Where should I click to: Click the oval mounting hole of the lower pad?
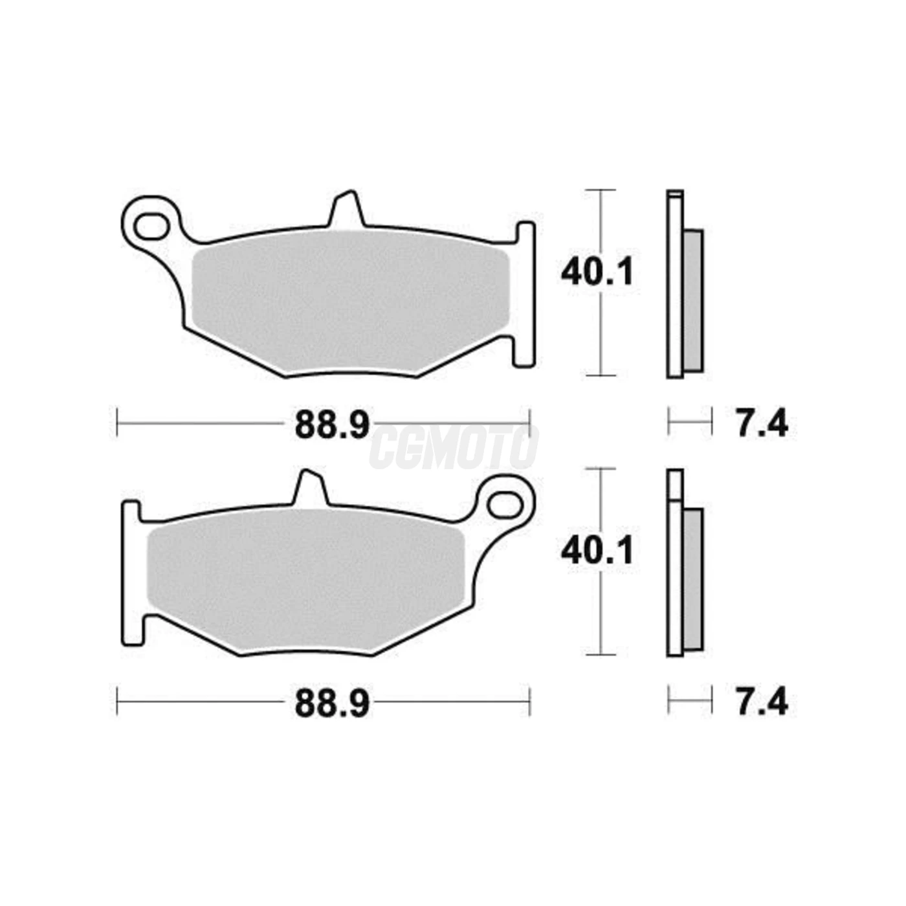click(505, 506)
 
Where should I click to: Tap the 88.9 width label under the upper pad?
click(333, 425)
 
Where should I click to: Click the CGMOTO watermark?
click(454, 446)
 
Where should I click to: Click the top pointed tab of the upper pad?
click(347, 208)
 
